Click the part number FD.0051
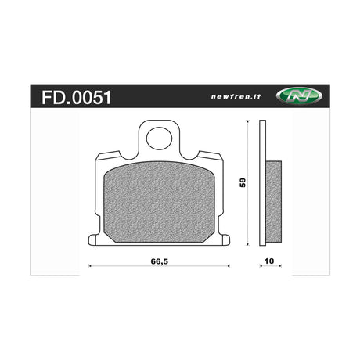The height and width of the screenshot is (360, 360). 77,98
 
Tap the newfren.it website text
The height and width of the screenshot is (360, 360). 236,96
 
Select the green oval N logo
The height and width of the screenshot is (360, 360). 299,95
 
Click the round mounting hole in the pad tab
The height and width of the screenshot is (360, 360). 159,139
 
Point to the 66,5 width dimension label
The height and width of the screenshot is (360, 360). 160,261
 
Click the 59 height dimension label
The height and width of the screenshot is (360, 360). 243,182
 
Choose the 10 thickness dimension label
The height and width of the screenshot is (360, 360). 269,261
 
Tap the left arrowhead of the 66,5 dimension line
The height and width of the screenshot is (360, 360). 90,266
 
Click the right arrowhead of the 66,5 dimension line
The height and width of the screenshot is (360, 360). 229,266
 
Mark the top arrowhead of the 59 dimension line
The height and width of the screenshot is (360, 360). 247,121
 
